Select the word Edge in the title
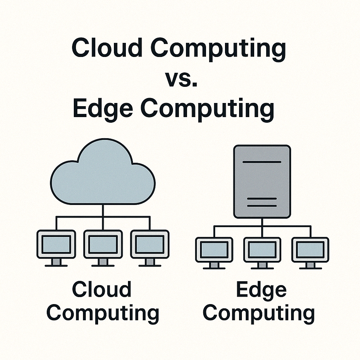pos(104,108)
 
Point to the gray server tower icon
pos(262,182)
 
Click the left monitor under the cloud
pos(56,244)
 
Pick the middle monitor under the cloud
pos(103,244)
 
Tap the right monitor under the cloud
pos(150,244)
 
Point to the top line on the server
pos(262,162)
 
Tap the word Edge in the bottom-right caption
pos(261,290)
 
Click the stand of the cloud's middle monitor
pos(103,262)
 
